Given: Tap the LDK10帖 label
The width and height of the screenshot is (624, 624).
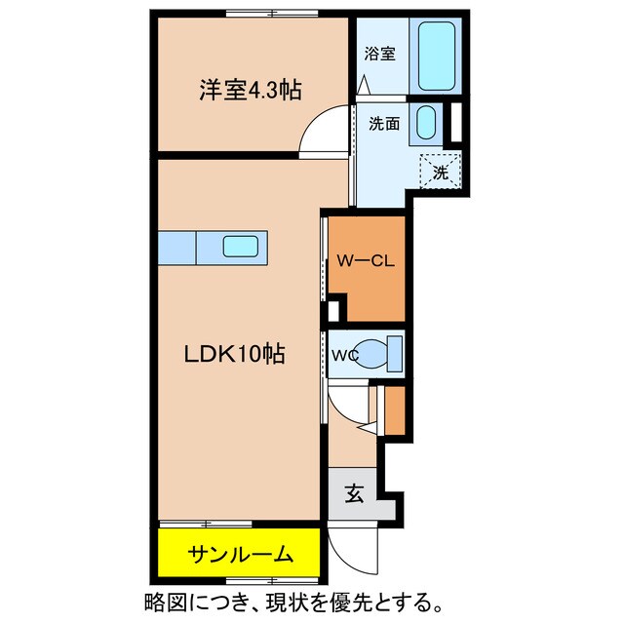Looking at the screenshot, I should [x=236, y=356].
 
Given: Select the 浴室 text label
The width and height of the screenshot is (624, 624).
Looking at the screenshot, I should [x=380, y=54].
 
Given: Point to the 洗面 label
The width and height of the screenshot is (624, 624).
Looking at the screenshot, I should [x=383, y=124].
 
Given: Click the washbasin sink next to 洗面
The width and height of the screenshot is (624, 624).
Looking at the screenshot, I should [x=426, y=124].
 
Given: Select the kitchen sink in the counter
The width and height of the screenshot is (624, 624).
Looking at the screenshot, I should [x=240, y=247].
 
